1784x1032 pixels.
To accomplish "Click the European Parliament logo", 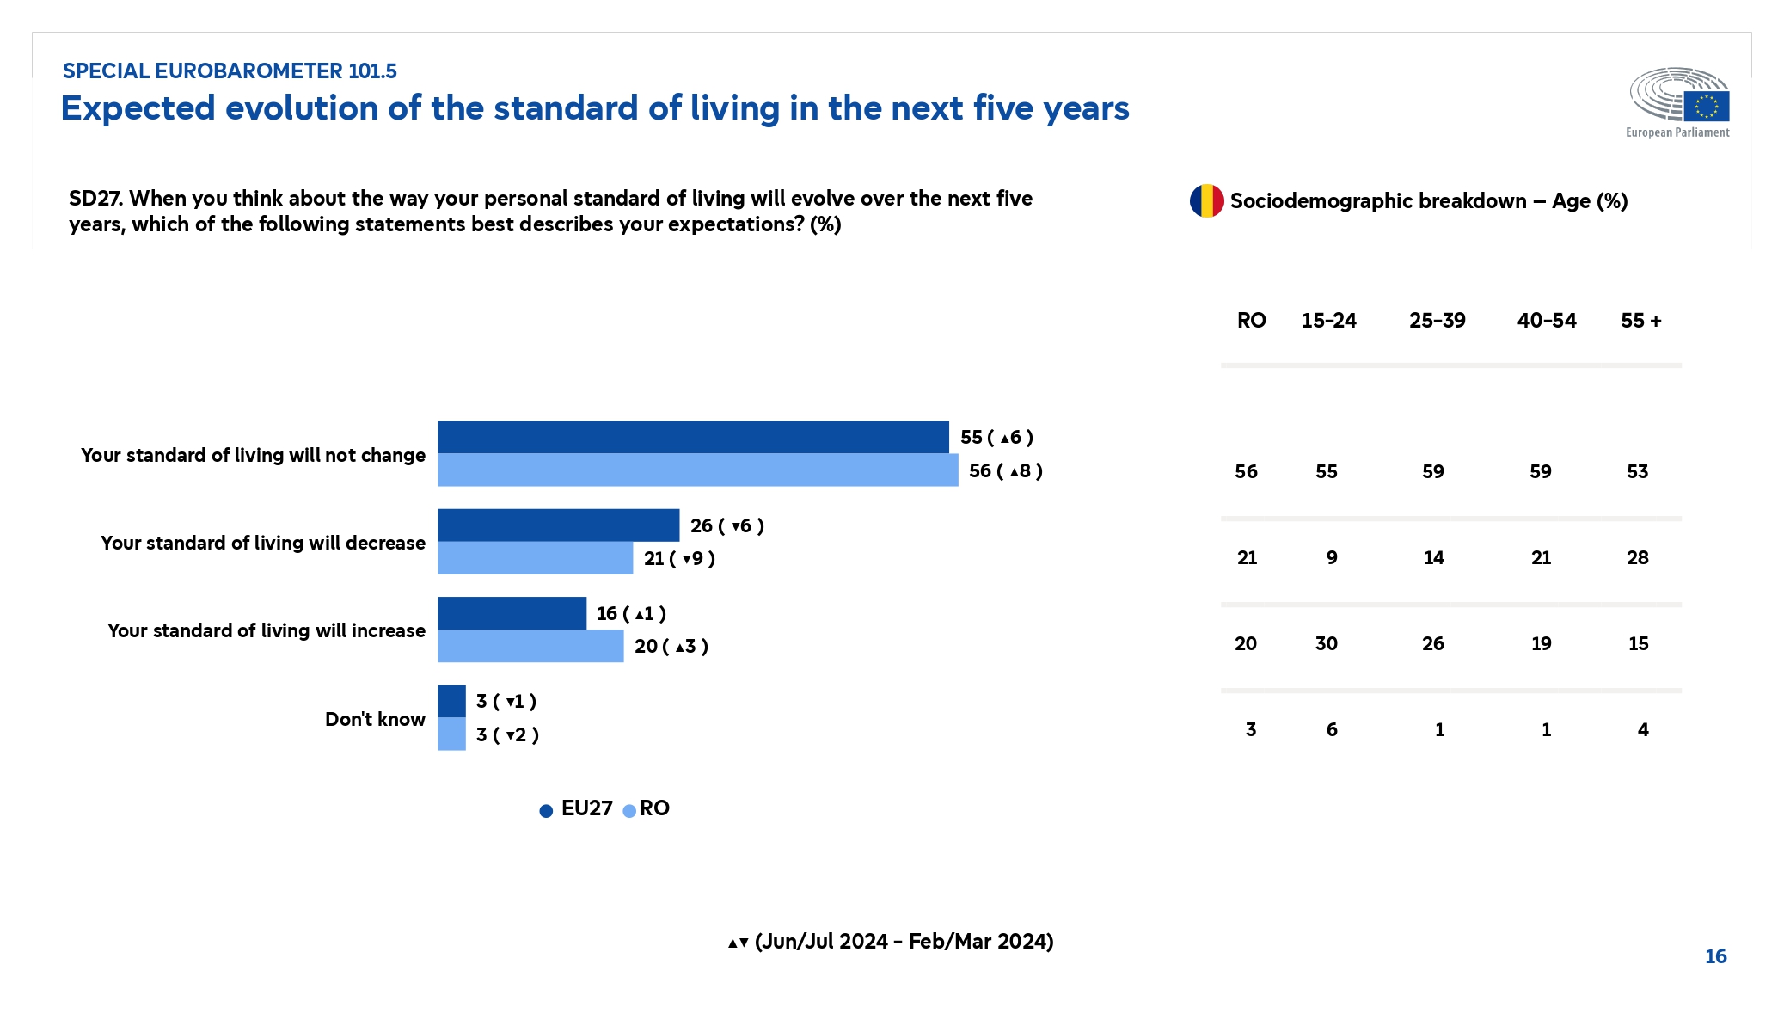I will pyautogui.click(x=1678, y=101).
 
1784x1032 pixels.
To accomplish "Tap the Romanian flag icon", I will pyautogui.click(x=1206, y=201).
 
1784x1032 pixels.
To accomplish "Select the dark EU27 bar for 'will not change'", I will pyautogui.click(x=693, y=437).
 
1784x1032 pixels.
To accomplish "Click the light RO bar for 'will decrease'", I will pyautogui.click(x=535, y=558).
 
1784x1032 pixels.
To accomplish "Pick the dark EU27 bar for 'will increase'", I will pyautogui.click(x=512, y=613).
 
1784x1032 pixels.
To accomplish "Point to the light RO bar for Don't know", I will pyautogui.click(x=451, y=734).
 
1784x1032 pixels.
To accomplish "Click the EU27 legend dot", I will pyautogui.click(x=546, y=811).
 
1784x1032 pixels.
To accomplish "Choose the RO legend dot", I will pyautogui.click(x=629, y=811).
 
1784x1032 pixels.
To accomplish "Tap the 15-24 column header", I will pyautogui.click(x=1328, y=321).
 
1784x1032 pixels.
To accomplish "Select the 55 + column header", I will pyautogui.click(x=1640, y=321).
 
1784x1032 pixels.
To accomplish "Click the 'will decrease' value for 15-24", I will pyautogui.click(x=1332, y=557).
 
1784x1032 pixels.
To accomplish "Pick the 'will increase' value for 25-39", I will pyautogui.click(x=1433, y=643).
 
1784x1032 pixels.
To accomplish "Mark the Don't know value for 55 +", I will pyautogui.click(x=1643, y=729).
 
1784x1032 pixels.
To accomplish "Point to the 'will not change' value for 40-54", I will pyautogui.click(x=1541, y=471).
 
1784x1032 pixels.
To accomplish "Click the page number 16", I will pyautogui.click(x=1715, y=956).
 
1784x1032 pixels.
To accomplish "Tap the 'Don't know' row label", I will pyautogui.click(x=375, y=719).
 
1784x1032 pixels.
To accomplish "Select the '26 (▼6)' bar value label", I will pyautogui.click(x=726, y=525).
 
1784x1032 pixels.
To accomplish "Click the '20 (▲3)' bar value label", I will pyautogui.click(x=671, y=646).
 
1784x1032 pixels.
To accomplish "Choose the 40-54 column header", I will pyautogui.click(x=1546, y=321).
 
